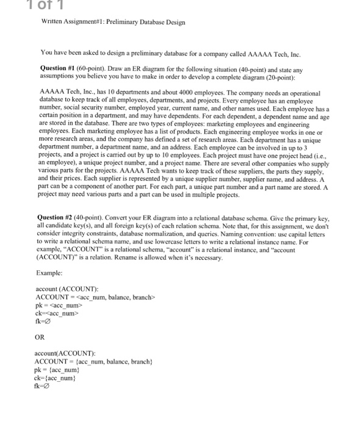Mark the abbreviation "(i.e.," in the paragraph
322,156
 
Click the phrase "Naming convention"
262,233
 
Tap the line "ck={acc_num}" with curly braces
56,378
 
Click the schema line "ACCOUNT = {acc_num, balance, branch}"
91,362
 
